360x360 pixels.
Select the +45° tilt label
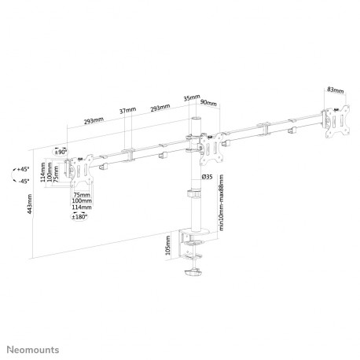tap(24, 169)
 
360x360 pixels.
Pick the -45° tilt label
tap(24, 182)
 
